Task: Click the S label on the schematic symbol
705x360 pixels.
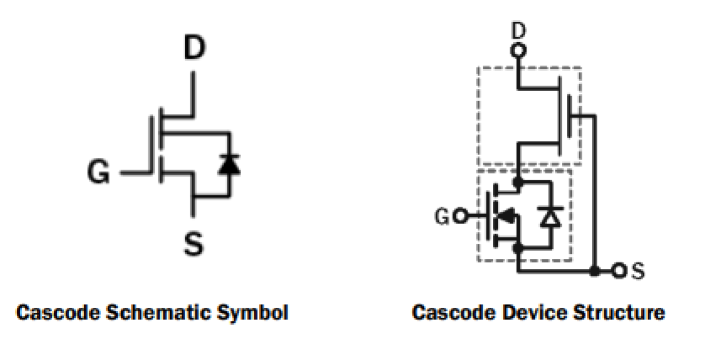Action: [x=194, y=244]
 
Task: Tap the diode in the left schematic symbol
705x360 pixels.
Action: [x=228, y=163]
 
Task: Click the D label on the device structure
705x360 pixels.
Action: [x=519, y=31]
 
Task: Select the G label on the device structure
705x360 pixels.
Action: [x=442, y=216]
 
